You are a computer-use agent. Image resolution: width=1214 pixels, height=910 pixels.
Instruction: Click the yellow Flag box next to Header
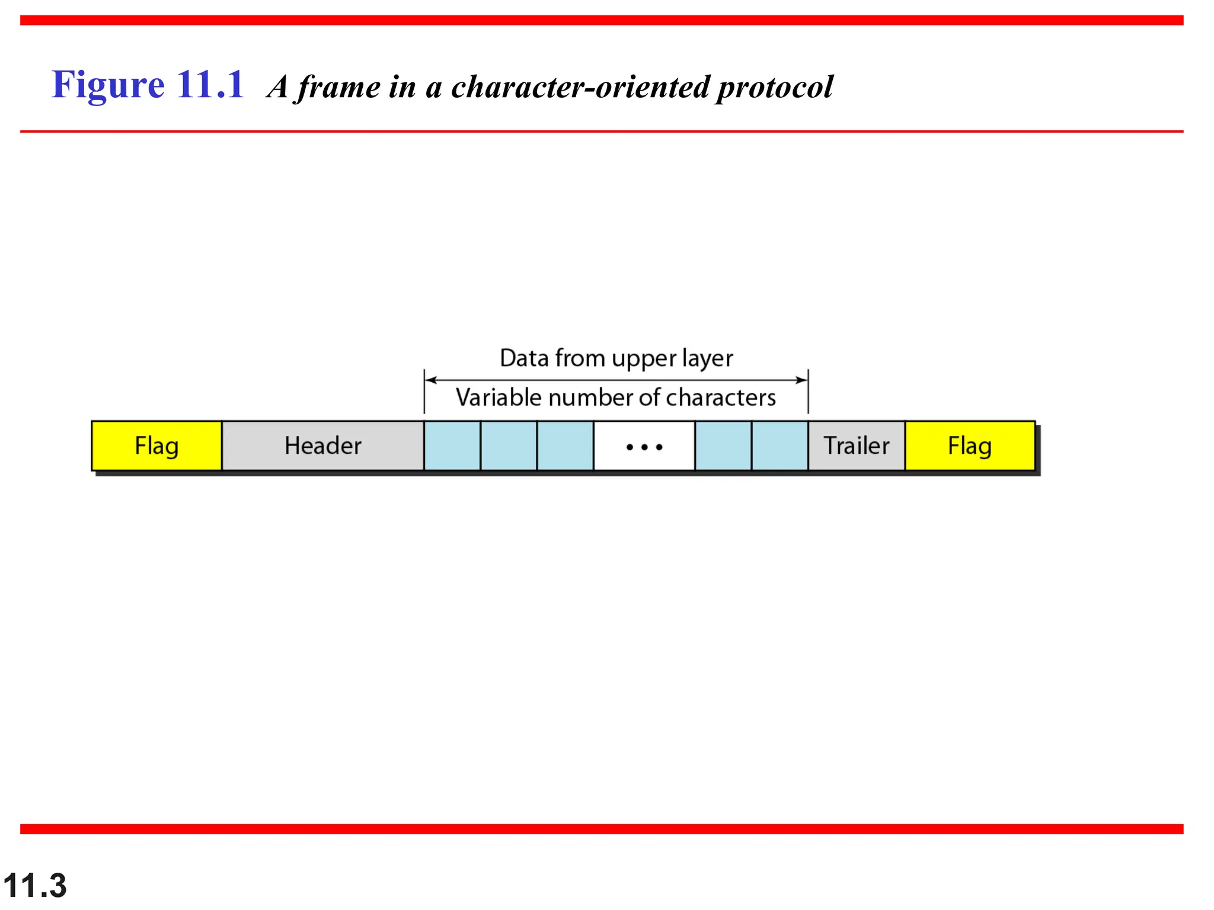click(156, 446)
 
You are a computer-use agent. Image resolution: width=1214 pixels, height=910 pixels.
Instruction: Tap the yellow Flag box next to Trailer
click(970, 446)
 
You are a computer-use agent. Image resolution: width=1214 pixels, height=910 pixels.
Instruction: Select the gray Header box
click(322, 446)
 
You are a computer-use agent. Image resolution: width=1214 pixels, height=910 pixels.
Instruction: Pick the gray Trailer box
click(857, 446)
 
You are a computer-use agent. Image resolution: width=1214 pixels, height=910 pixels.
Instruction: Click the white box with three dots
click(644, 446)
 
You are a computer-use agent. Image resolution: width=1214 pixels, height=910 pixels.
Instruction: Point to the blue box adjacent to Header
click(452, 446)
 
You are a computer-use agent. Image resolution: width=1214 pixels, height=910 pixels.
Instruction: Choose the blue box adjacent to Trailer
click(779, 446)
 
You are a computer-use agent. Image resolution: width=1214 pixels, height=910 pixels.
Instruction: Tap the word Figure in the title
click(108, 85)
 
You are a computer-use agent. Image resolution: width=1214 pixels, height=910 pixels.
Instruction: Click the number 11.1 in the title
click(210, 85)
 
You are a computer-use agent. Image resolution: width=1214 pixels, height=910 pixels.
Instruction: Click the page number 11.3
click(34, 886)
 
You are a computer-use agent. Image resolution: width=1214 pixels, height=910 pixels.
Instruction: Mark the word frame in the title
click(339, 87)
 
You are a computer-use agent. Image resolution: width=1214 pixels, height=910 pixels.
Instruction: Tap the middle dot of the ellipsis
click(644, 447)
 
